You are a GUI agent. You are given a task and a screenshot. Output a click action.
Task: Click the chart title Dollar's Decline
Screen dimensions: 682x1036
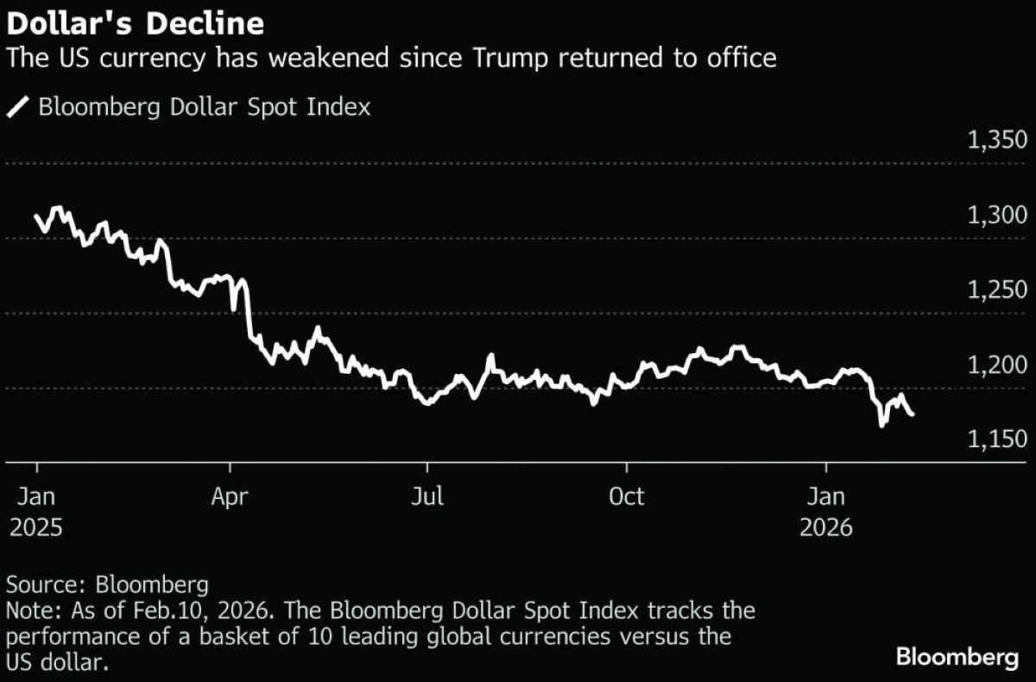tap(136, 23)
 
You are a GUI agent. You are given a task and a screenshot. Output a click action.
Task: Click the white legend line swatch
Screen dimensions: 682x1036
tap(17, 108)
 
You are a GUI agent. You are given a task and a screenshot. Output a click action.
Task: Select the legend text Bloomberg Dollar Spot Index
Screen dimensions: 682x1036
tap(205, 108)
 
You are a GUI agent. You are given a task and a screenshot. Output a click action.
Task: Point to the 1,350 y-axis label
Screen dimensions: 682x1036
tap(997, 141)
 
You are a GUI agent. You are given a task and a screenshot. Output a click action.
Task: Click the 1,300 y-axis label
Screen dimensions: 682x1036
tap(997, 216)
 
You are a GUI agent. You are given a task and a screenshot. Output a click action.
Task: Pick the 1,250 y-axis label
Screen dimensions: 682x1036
tap(997, 291)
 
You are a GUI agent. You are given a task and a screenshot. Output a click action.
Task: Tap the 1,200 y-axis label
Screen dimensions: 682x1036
tap(997, 365)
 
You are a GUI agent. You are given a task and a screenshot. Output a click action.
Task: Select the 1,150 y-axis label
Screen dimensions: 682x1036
tap(997, 440)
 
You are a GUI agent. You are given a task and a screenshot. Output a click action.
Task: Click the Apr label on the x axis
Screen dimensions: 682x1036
tap(231, 497)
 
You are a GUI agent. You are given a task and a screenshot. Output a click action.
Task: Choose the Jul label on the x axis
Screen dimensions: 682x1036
tap(427, 497)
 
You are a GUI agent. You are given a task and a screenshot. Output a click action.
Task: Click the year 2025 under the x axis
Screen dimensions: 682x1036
tap(36, 527)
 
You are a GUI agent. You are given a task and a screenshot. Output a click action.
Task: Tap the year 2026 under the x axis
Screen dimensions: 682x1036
tap(826, 527)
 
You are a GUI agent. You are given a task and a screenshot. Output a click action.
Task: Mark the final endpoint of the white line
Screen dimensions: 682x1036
tap(913, 414)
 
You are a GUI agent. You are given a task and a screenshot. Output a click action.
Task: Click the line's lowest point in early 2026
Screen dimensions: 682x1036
tap(881, 425)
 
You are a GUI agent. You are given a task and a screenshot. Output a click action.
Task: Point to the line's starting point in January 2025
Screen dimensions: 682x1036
tap(36, 217)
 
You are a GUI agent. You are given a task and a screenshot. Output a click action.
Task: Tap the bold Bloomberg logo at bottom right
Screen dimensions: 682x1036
tap(957, 658)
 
